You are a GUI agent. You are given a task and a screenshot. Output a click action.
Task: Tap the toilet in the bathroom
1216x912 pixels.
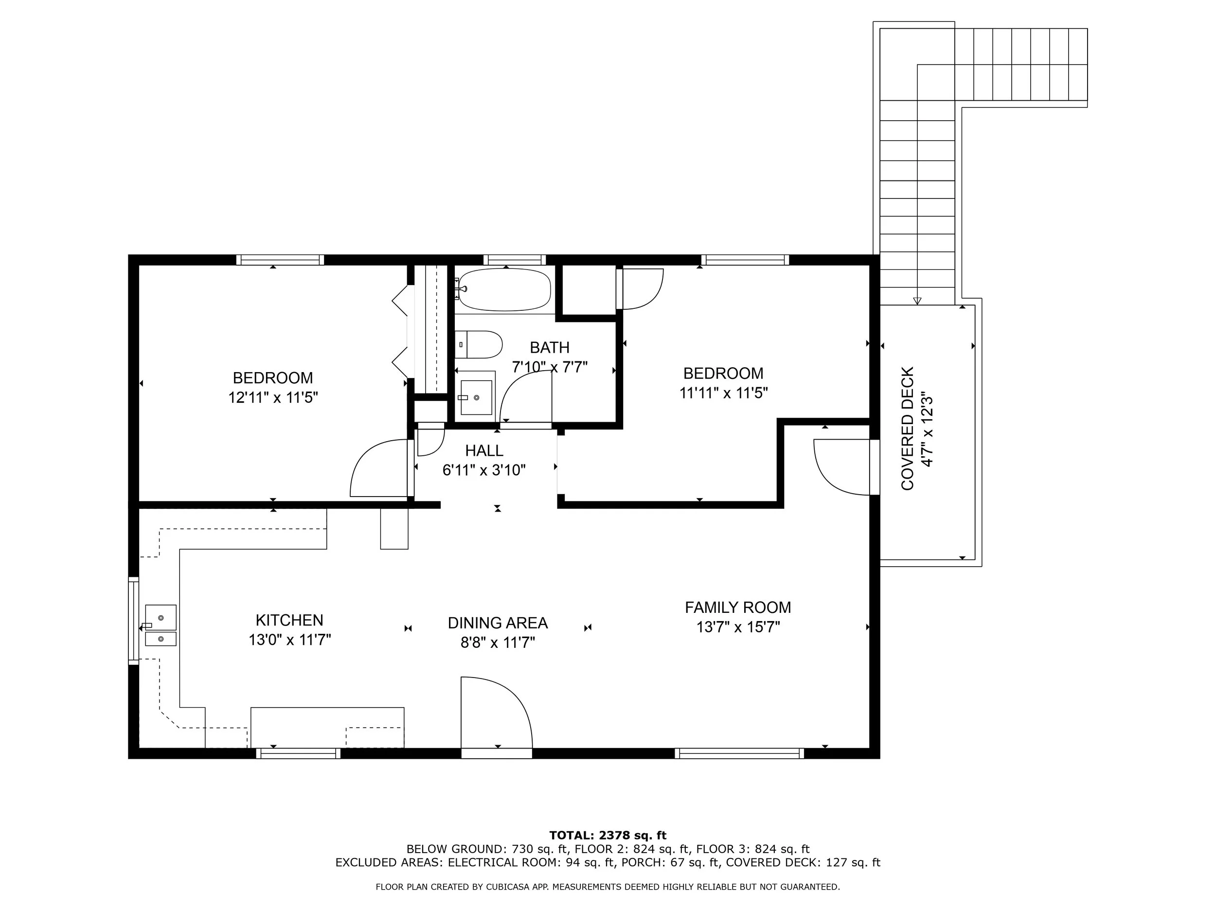(x=480, y=345)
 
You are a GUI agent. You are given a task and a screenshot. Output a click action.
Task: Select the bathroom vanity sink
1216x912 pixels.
(x=476, y=397)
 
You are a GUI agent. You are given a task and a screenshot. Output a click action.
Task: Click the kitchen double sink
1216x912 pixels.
(x=161, y=626)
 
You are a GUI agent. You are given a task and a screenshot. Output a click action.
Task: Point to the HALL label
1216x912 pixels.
(x=484, y=451)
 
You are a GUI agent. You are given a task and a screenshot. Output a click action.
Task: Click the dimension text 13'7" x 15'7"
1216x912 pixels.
(x=738, y=627)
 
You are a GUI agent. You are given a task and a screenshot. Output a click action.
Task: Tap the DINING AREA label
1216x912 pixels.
(x=498, y=623)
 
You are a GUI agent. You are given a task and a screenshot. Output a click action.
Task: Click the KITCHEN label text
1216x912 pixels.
(x=289, y=620)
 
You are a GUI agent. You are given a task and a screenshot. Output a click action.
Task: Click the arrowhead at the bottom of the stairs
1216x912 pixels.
(x=916, y=301)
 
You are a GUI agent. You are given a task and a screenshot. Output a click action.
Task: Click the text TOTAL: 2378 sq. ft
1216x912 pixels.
(x=608, y=836)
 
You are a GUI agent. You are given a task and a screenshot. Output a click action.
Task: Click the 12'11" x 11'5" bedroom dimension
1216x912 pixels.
(x=273, y=397)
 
